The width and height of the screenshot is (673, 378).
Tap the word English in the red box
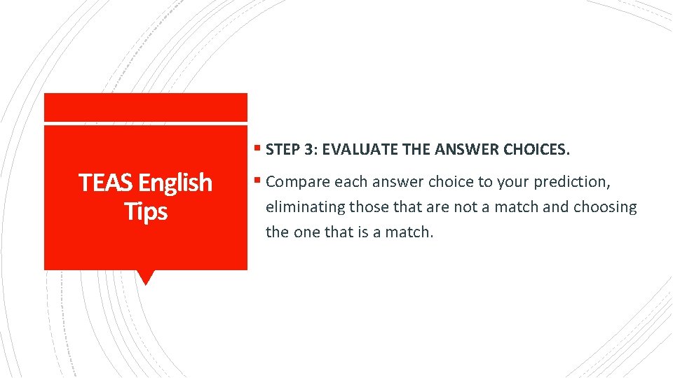(175, 183)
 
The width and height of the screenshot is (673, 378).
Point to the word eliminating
(306, 207)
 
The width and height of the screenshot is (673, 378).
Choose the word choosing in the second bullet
(605, 207)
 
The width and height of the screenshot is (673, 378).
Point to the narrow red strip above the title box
(146, 107)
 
